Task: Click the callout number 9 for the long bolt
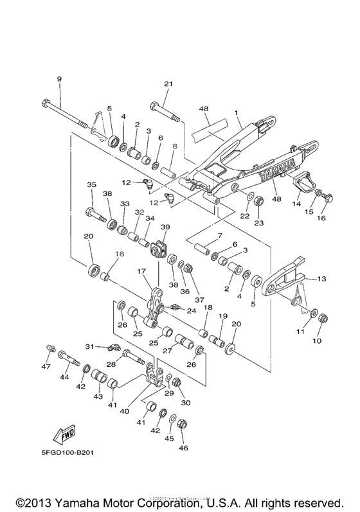coord(59,78)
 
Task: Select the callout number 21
coord(168,84)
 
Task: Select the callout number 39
coord(165,227)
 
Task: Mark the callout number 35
coord(91,185)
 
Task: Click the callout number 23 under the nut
coord(258,224)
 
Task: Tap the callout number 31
coord(90,346)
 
